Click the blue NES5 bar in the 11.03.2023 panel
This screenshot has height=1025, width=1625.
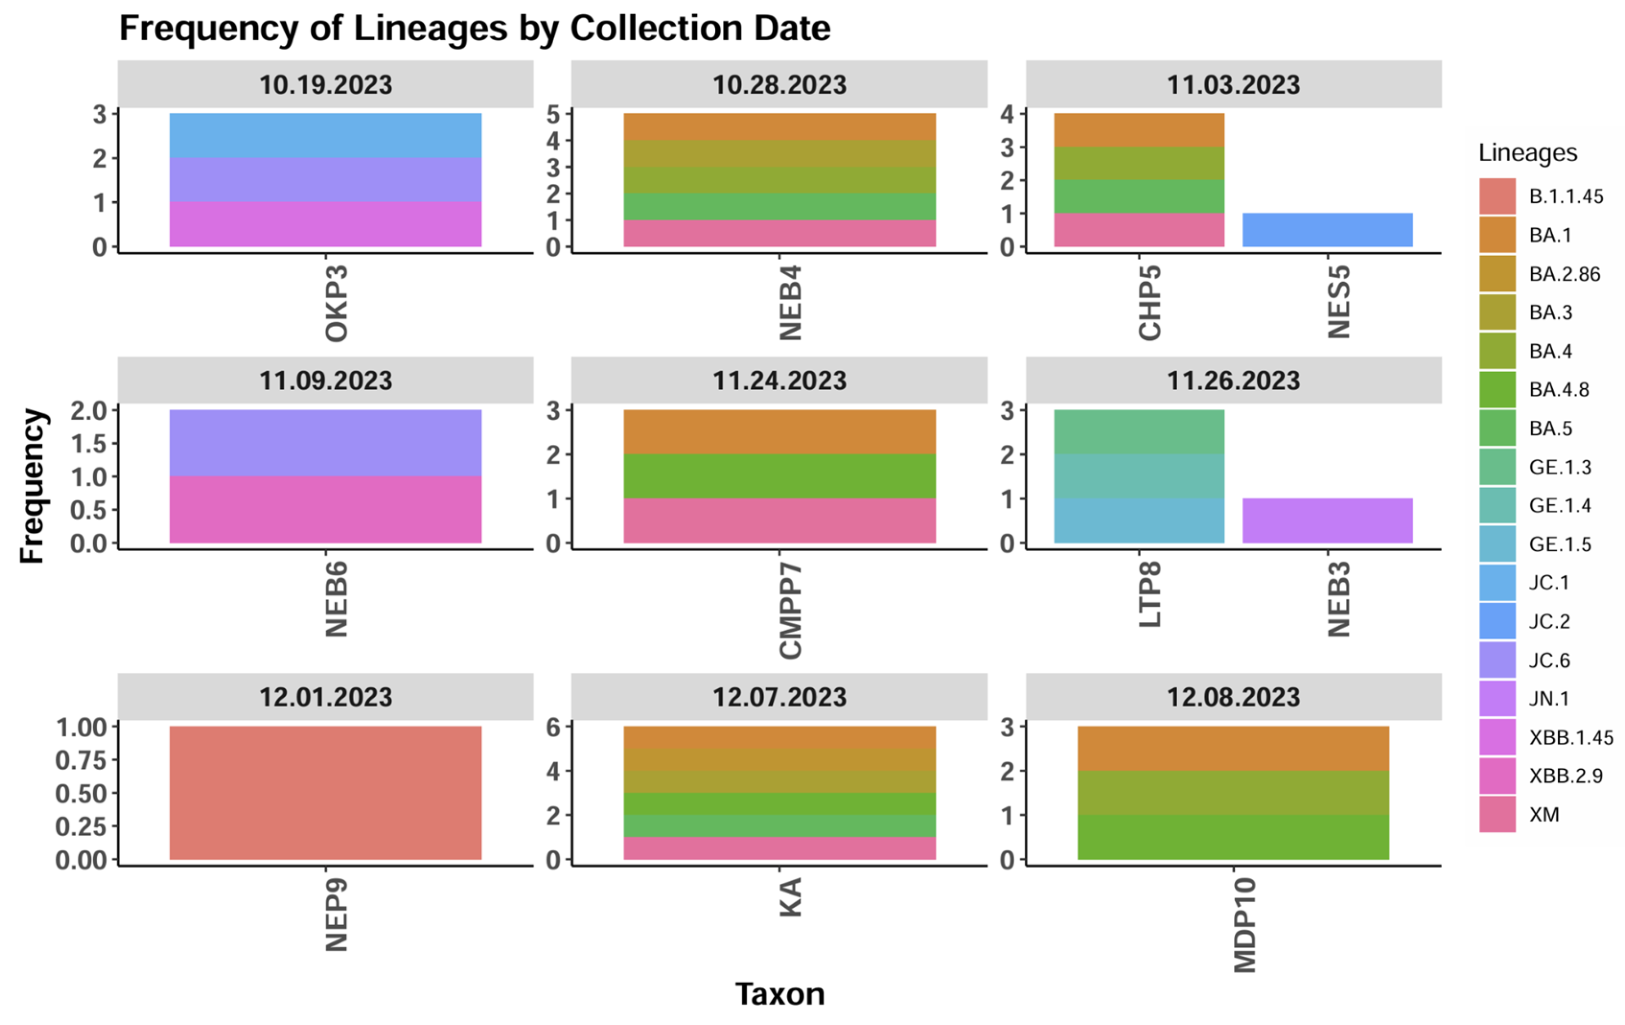[1328, 230]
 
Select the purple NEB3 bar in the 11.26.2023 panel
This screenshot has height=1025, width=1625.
[1328, 520]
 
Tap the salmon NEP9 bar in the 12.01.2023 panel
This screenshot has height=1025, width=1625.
[326, 793]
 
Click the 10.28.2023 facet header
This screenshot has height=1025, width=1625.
[779, 85]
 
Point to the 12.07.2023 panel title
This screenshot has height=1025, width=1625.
[779, 697]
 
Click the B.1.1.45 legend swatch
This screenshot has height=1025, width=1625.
[1498, 196]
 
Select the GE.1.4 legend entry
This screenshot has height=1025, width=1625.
[1559, 505]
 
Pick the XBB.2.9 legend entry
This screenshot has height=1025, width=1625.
[1565, 776]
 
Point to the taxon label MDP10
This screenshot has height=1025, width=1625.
[1244, 925]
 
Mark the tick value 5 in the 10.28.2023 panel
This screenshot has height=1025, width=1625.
[553, 114]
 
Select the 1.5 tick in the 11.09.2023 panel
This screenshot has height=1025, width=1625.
[89, 443]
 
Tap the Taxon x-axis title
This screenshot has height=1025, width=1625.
[779, 994]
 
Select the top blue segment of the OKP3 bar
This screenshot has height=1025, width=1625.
[326, 136]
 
